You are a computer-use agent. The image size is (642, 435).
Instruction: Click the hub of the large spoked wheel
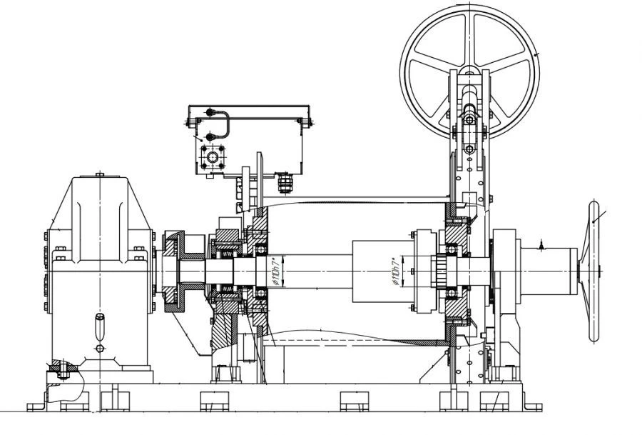[x=469, y=71]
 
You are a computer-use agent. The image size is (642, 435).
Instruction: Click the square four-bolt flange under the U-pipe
[x=211, y=156]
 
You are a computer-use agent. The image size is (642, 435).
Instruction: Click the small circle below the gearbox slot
[x=99, y=348]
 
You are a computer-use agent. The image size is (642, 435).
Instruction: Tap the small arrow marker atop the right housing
[x=541, y=245]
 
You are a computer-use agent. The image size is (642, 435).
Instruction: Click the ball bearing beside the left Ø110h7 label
[x=261, y=250]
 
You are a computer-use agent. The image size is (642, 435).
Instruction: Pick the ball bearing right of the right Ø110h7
[x=452, y=250]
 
